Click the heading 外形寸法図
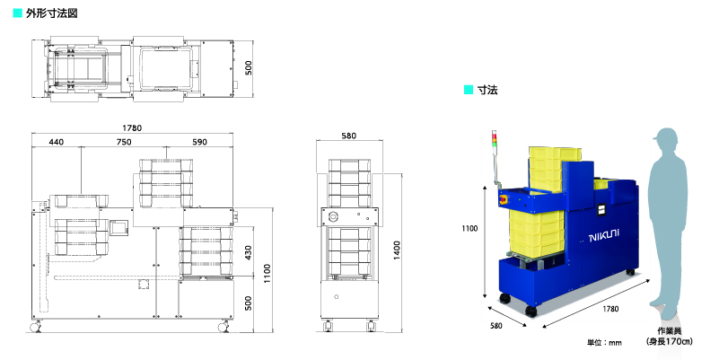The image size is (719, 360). [x=51, y=13]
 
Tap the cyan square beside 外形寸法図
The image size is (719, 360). [x=17, y=13]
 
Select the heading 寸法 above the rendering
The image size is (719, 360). [x=487, y=90]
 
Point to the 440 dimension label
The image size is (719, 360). [x=56, y=142]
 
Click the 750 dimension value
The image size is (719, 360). [x=124, y=142]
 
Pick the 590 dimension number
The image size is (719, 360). [x=199, y=142]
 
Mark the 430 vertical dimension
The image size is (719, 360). [x=248, y=252]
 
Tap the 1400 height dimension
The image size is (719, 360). [x=397, y=250]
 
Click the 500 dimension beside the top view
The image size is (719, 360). [x=248, y=68]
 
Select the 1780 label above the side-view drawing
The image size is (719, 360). [x=132, y=128]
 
